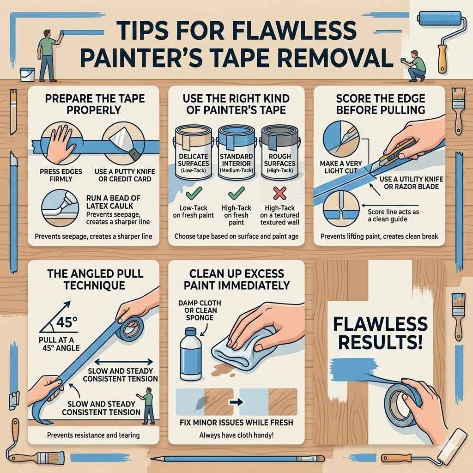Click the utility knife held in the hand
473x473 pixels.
click(x=395, y=151)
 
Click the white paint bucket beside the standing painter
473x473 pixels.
click(x=27, y=73)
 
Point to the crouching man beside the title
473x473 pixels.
click(x=418, y=67)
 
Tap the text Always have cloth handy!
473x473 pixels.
click(x=236, y=435)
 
